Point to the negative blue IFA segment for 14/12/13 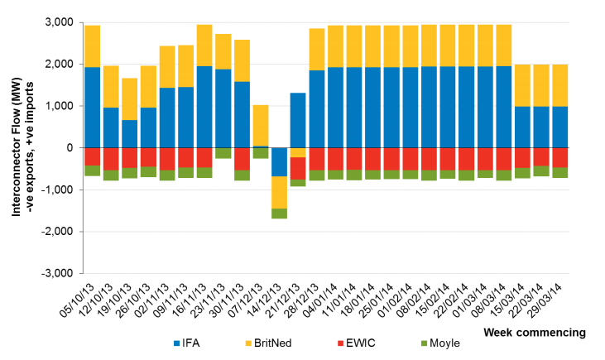280,161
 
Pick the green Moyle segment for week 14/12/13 280,214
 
